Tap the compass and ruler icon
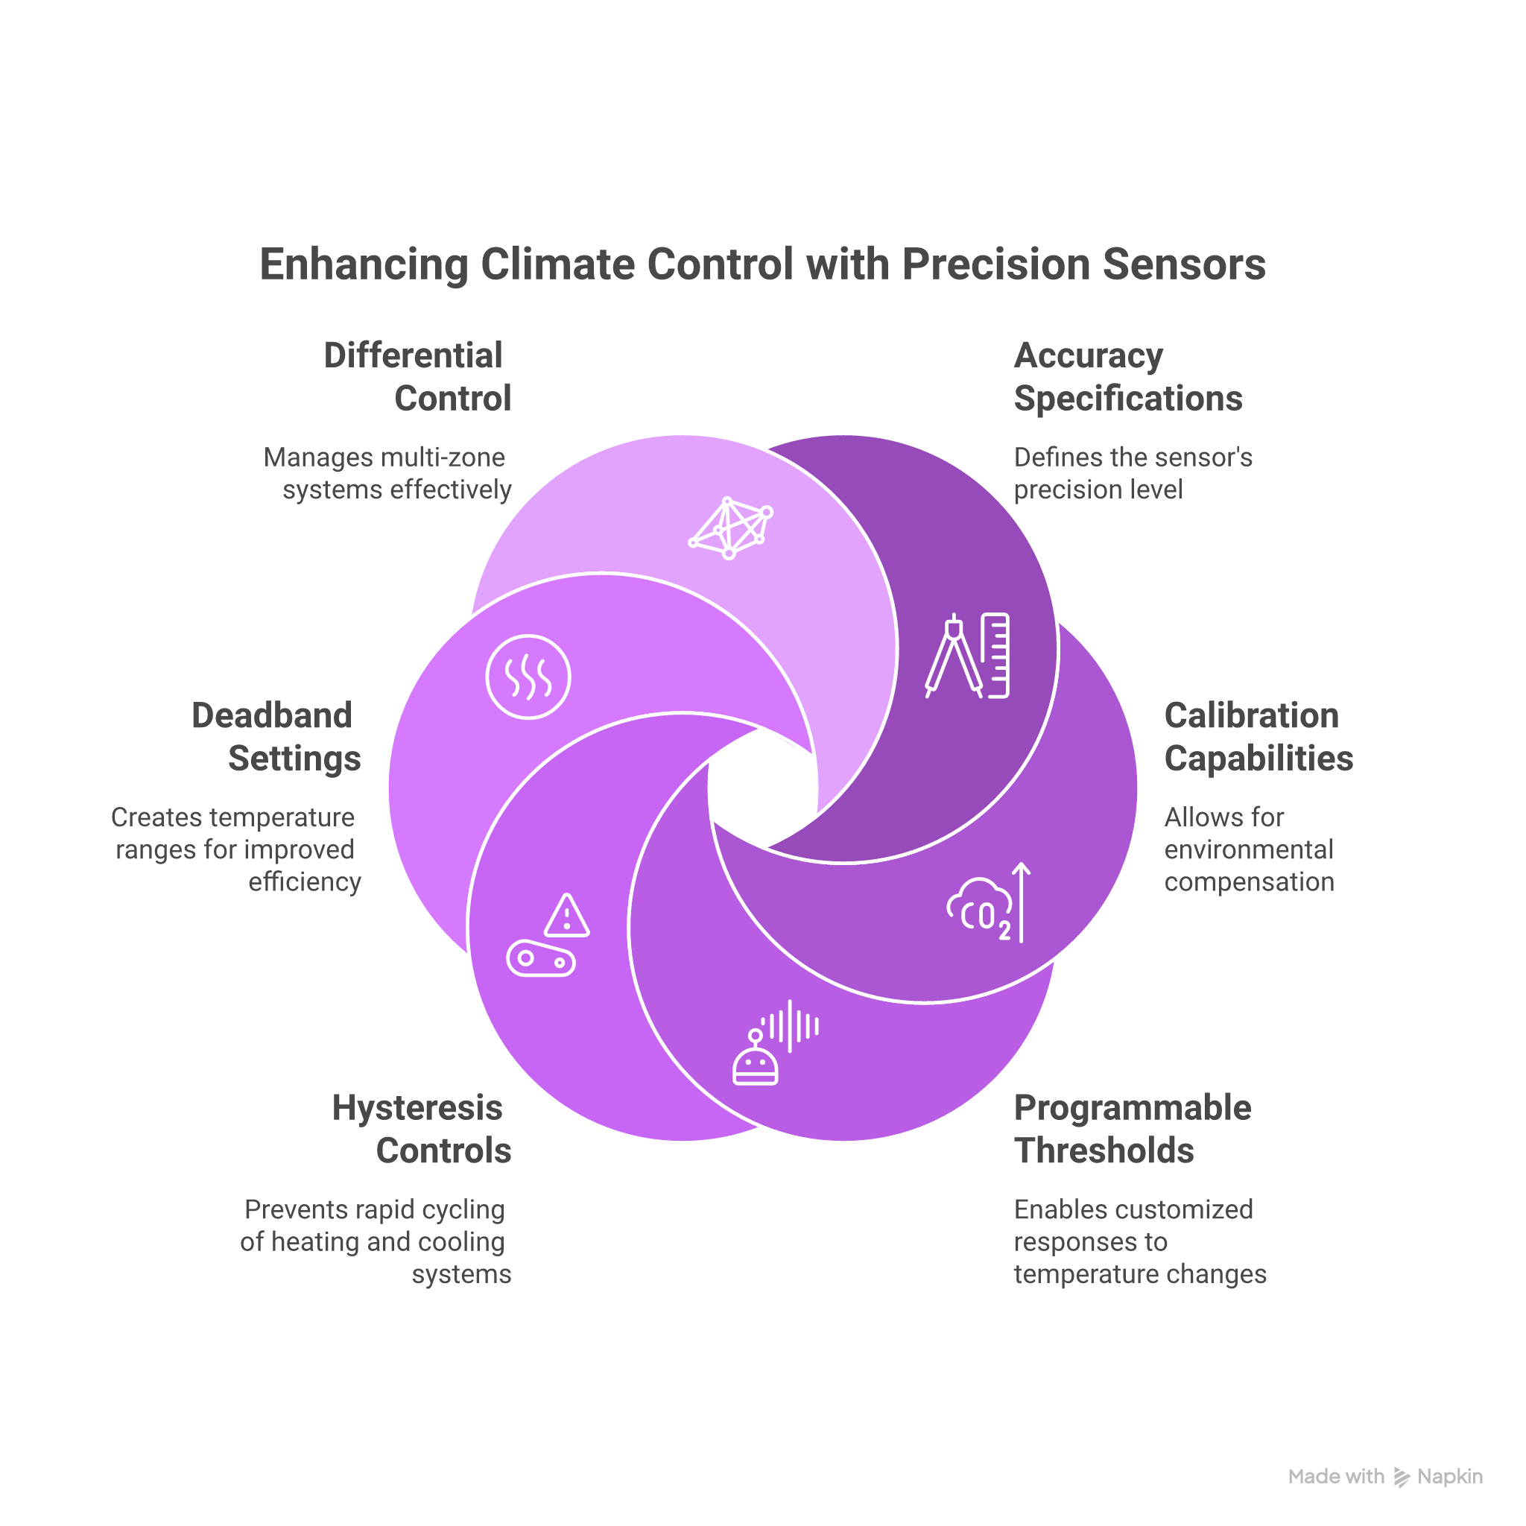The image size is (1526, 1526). click(x=968, y=656)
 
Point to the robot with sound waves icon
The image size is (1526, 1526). click(x=774, y=1042)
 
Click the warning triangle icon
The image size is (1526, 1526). click(x=566, y=916)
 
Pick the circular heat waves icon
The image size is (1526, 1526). click(x=528, y=677)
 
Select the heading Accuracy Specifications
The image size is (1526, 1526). click(x=1127, y=377)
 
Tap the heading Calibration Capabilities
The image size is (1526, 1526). click(x=1258, y=737)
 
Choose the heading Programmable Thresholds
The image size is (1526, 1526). click(x=1131, y=1130)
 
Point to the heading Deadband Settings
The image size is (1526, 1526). click(x=276, y=737)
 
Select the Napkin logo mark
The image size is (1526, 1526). click(x=1402, y=1477)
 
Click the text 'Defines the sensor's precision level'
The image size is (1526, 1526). click(x=1132, y=473)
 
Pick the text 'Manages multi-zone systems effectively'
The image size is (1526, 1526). click(x=387, y=473)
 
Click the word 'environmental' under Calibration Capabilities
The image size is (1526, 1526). click(x=1248, y=850)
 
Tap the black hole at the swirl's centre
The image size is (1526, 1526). click(x=762, y=788)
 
